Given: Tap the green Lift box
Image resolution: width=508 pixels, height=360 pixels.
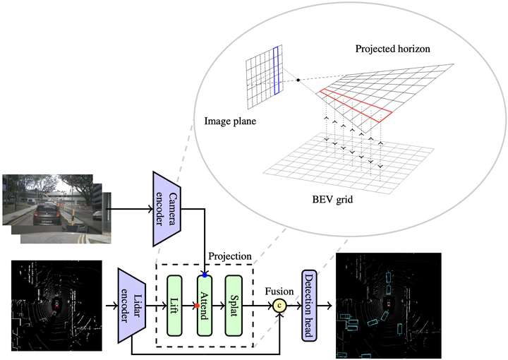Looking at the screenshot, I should pos(175,305).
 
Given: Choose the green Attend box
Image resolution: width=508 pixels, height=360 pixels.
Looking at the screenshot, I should pos(205,305).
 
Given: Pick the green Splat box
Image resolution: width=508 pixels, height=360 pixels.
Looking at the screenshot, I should pos(234,305).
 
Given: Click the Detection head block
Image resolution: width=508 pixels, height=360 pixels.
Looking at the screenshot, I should pos(308,305).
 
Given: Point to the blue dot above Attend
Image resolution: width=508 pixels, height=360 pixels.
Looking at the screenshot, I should pos(205,274).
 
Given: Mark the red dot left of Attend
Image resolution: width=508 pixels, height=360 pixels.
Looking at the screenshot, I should pos(196,306).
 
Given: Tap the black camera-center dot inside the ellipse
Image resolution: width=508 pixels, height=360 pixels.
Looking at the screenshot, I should pos(299,80).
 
